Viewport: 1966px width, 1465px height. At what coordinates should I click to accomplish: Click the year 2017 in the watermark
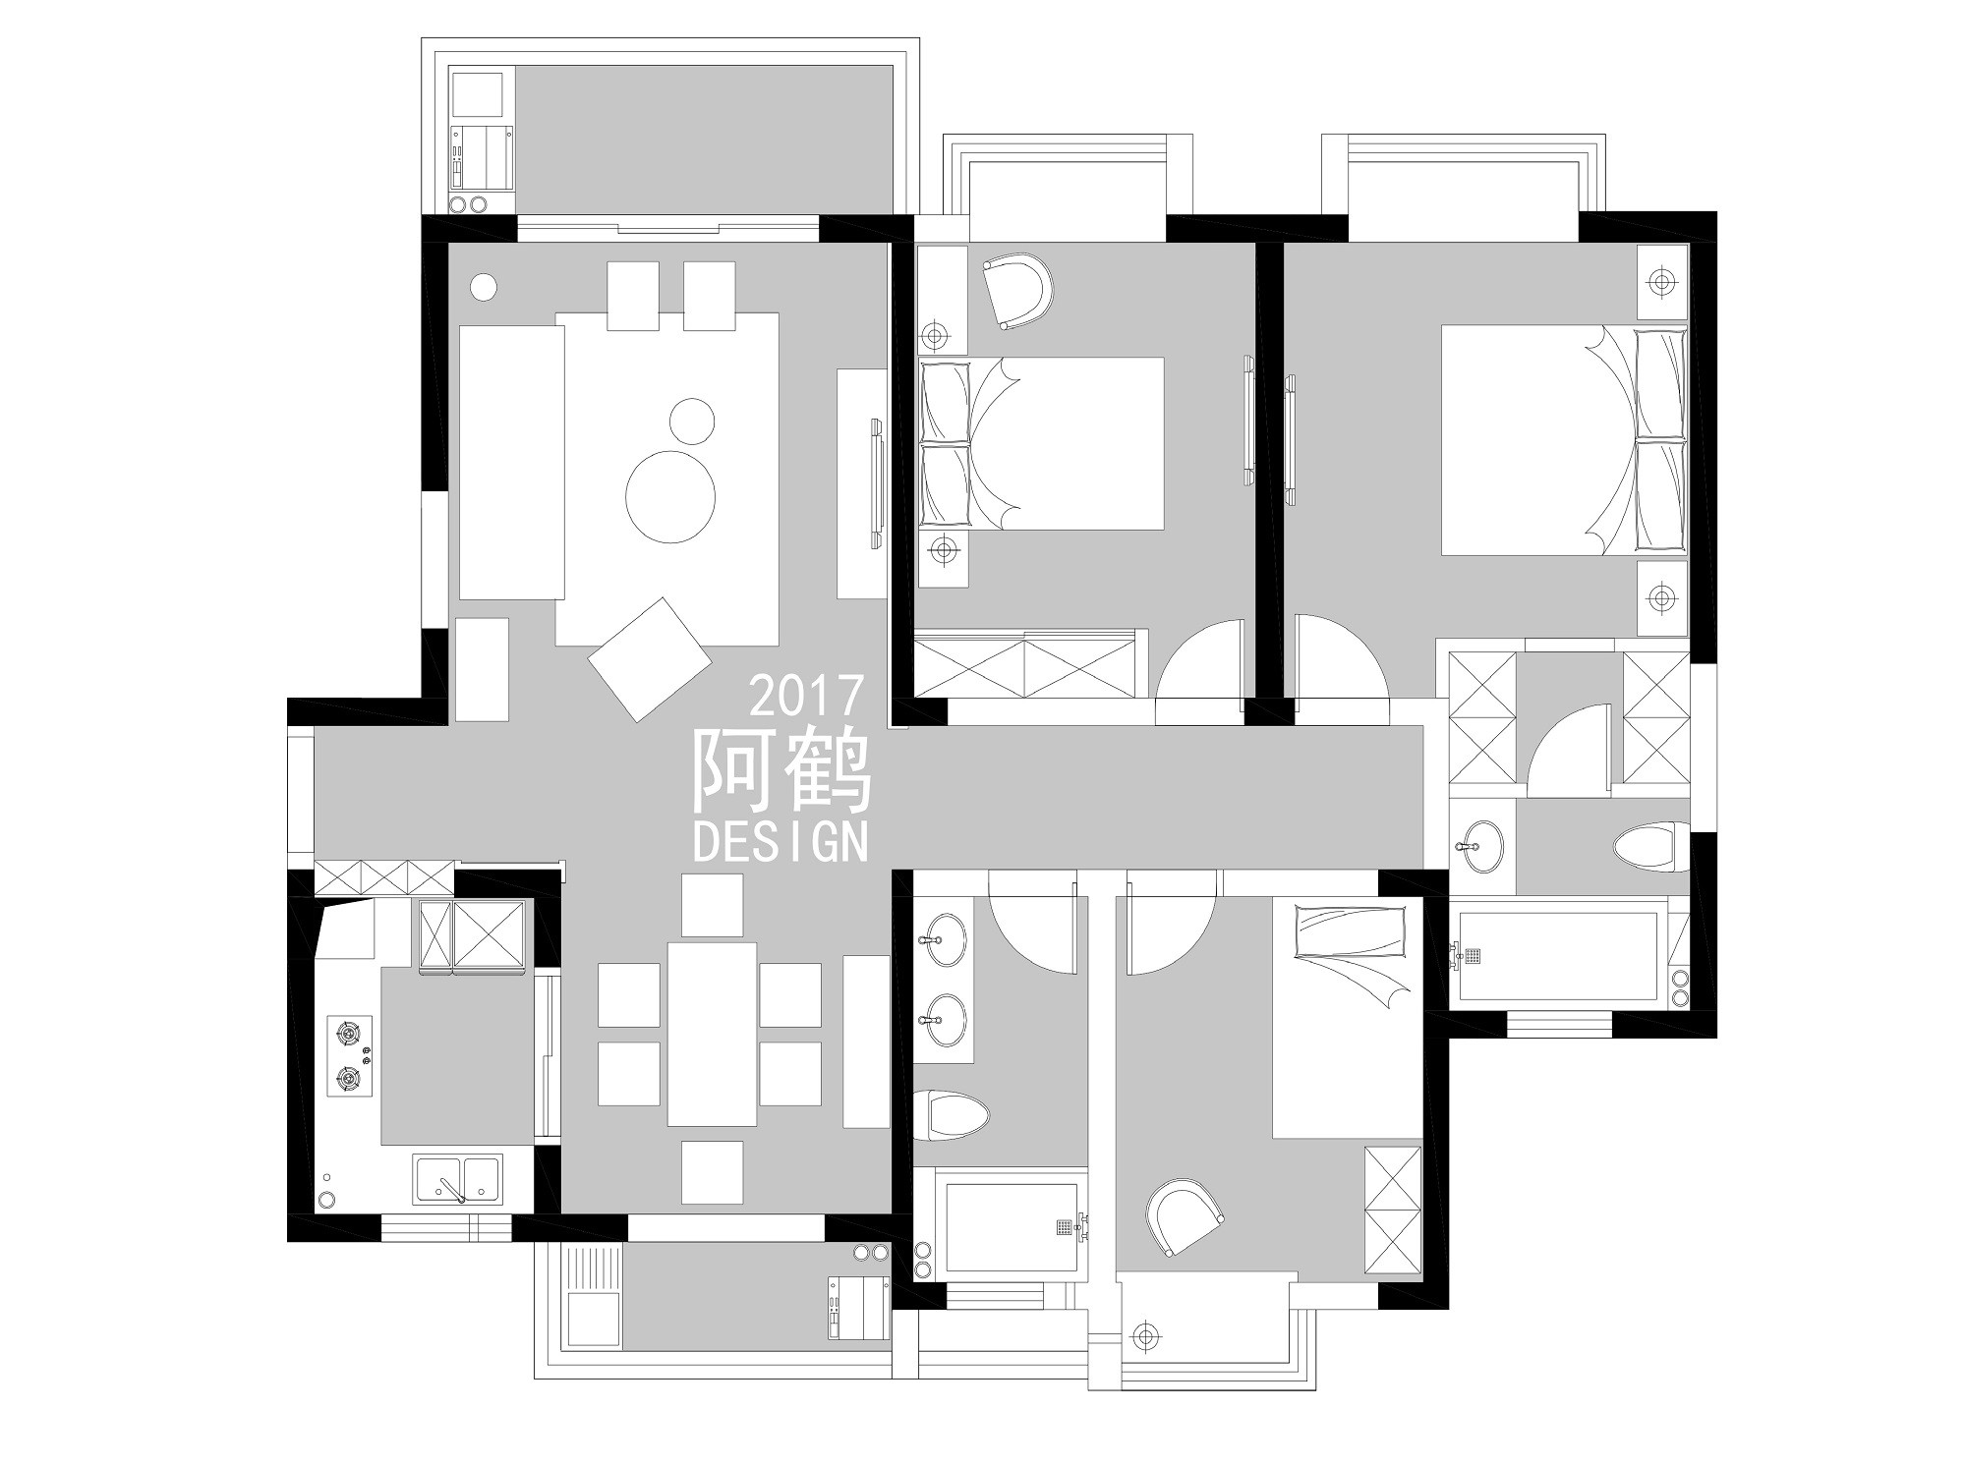[807, 696]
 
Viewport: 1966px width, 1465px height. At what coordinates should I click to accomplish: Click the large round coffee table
[670, 496]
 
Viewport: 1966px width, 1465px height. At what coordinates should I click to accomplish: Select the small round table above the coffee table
[692, 421]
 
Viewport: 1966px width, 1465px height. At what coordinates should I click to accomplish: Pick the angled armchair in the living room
[650, 659]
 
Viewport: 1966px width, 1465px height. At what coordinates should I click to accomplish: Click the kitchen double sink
[458, 1179]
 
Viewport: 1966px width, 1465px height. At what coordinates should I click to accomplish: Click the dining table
[712, 1034]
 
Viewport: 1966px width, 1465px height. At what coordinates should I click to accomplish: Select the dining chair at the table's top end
[712, 905]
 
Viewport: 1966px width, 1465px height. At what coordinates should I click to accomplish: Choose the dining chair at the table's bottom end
[712, 1172]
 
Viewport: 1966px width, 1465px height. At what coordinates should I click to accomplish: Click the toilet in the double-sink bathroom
[951, 1114]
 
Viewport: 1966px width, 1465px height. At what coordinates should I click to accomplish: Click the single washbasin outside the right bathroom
[1476, 846]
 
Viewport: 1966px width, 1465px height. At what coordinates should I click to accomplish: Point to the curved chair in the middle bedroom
[1017, 291]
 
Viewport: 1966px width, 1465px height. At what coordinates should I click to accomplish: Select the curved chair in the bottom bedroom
[1185, 1217]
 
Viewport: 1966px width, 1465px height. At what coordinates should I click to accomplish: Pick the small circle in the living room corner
[483, 287]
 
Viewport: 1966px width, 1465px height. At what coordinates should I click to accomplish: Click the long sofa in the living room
[511, 463]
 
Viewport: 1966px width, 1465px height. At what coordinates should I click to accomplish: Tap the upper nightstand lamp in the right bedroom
[1661, 282]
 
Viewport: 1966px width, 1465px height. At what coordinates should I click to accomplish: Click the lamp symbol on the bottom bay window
[1143, 1335]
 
